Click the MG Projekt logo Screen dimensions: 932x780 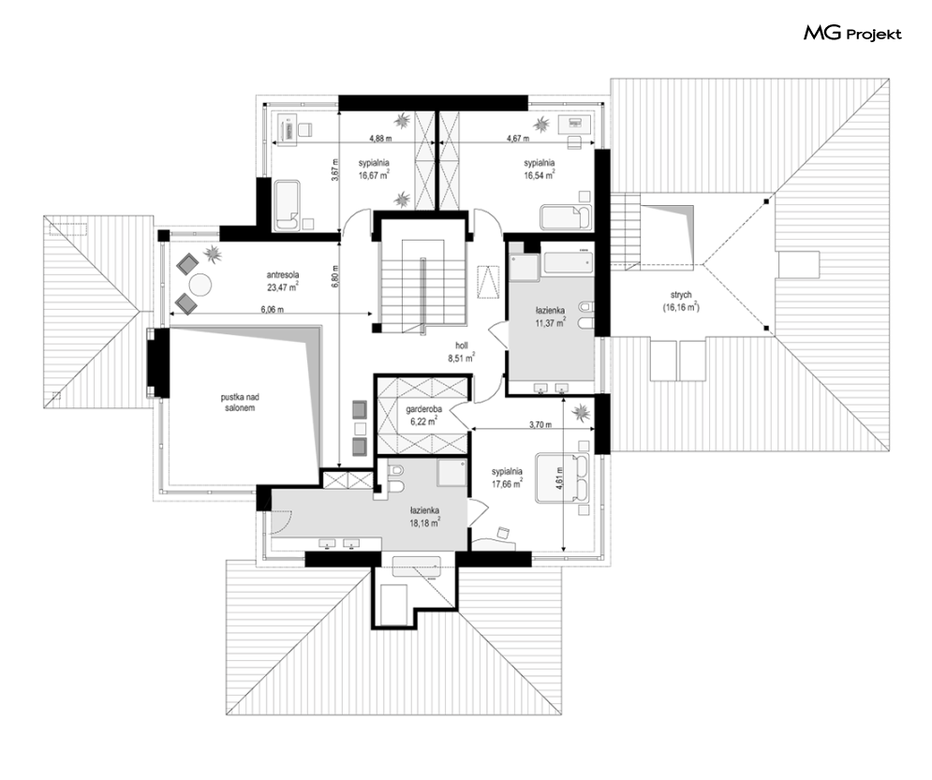[852, 34]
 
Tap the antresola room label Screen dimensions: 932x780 [282, 275]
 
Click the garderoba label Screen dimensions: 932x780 [422, 409]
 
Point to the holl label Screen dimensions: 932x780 [461, 346]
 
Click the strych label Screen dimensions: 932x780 [681, 295]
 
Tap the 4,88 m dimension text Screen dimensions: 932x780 [380, 139]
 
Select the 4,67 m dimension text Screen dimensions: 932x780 [518, 139]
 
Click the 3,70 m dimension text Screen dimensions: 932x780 [540, 425]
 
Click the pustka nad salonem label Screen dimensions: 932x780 [240, 403]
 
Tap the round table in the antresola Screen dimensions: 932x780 [200, 285]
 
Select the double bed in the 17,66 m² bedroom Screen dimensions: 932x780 [562, 478]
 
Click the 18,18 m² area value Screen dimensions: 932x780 [424, 522]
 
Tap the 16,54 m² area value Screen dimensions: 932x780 [540, 175]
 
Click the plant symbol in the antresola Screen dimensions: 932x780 [213, 255]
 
